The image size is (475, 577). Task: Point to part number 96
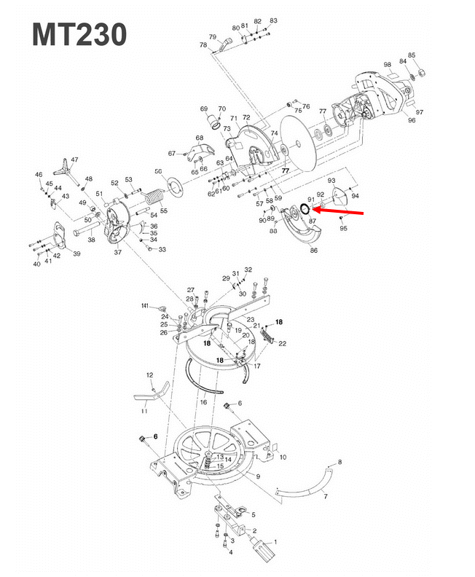pos(412,120)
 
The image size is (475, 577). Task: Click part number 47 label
pos(74,159)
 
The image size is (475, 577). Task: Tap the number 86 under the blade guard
pos(314,250)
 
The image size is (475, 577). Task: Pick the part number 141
pos(145,305)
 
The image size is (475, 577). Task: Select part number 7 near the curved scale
pos(326,496)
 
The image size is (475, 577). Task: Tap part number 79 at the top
pos(213,37)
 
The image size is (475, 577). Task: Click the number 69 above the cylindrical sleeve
pos(204,109)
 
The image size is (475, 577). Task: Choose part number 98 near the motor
pos(388,65)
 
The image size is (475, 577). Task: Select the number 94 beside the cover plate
pos(355,195)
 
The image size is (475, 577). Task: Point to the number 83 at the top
pos(273,20)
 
